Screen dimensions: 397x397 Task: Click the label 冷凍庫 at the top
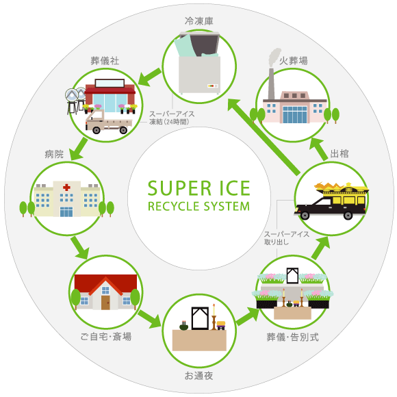(199, 21)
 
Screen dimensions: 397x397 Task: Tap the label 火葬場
(294, 61)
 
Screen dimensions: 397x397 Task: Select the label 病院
(54, 154)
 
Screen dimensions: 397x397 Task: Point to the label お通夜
(198, 376)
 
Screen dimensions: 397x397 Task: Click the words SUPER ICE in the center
(199, 188)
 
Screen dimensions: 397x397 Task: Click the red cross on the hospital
(66, 188)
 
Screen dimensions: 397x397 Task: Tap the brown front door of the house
(105, 303)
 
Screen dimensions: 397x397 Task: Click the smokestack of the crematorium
(271, 84)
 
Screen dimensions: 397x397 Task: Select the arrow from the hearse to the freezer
(264, 137)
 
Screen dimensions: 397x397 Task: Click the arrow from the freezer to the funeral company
(149, 77)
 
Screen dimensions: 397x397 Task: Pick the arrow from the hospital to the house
(80, 248)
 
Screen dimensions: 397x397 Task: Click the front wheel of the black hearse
(305, 216)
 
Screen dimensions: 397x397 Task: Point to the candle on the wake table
(214, 309)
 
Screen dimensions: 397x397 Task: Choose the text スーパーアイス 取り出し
(287, 238)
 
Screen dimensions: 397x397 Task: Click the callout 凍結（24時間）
(169, 122)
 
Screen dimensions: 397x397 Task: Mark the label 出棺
(340, 154)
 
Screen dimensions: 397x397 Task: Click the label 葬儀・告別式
(293, 337)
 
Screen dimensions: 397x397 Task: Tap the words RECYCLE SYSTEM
(199, 206)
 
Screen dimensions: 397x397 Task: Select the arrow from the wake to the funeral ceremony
(248, 316)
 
